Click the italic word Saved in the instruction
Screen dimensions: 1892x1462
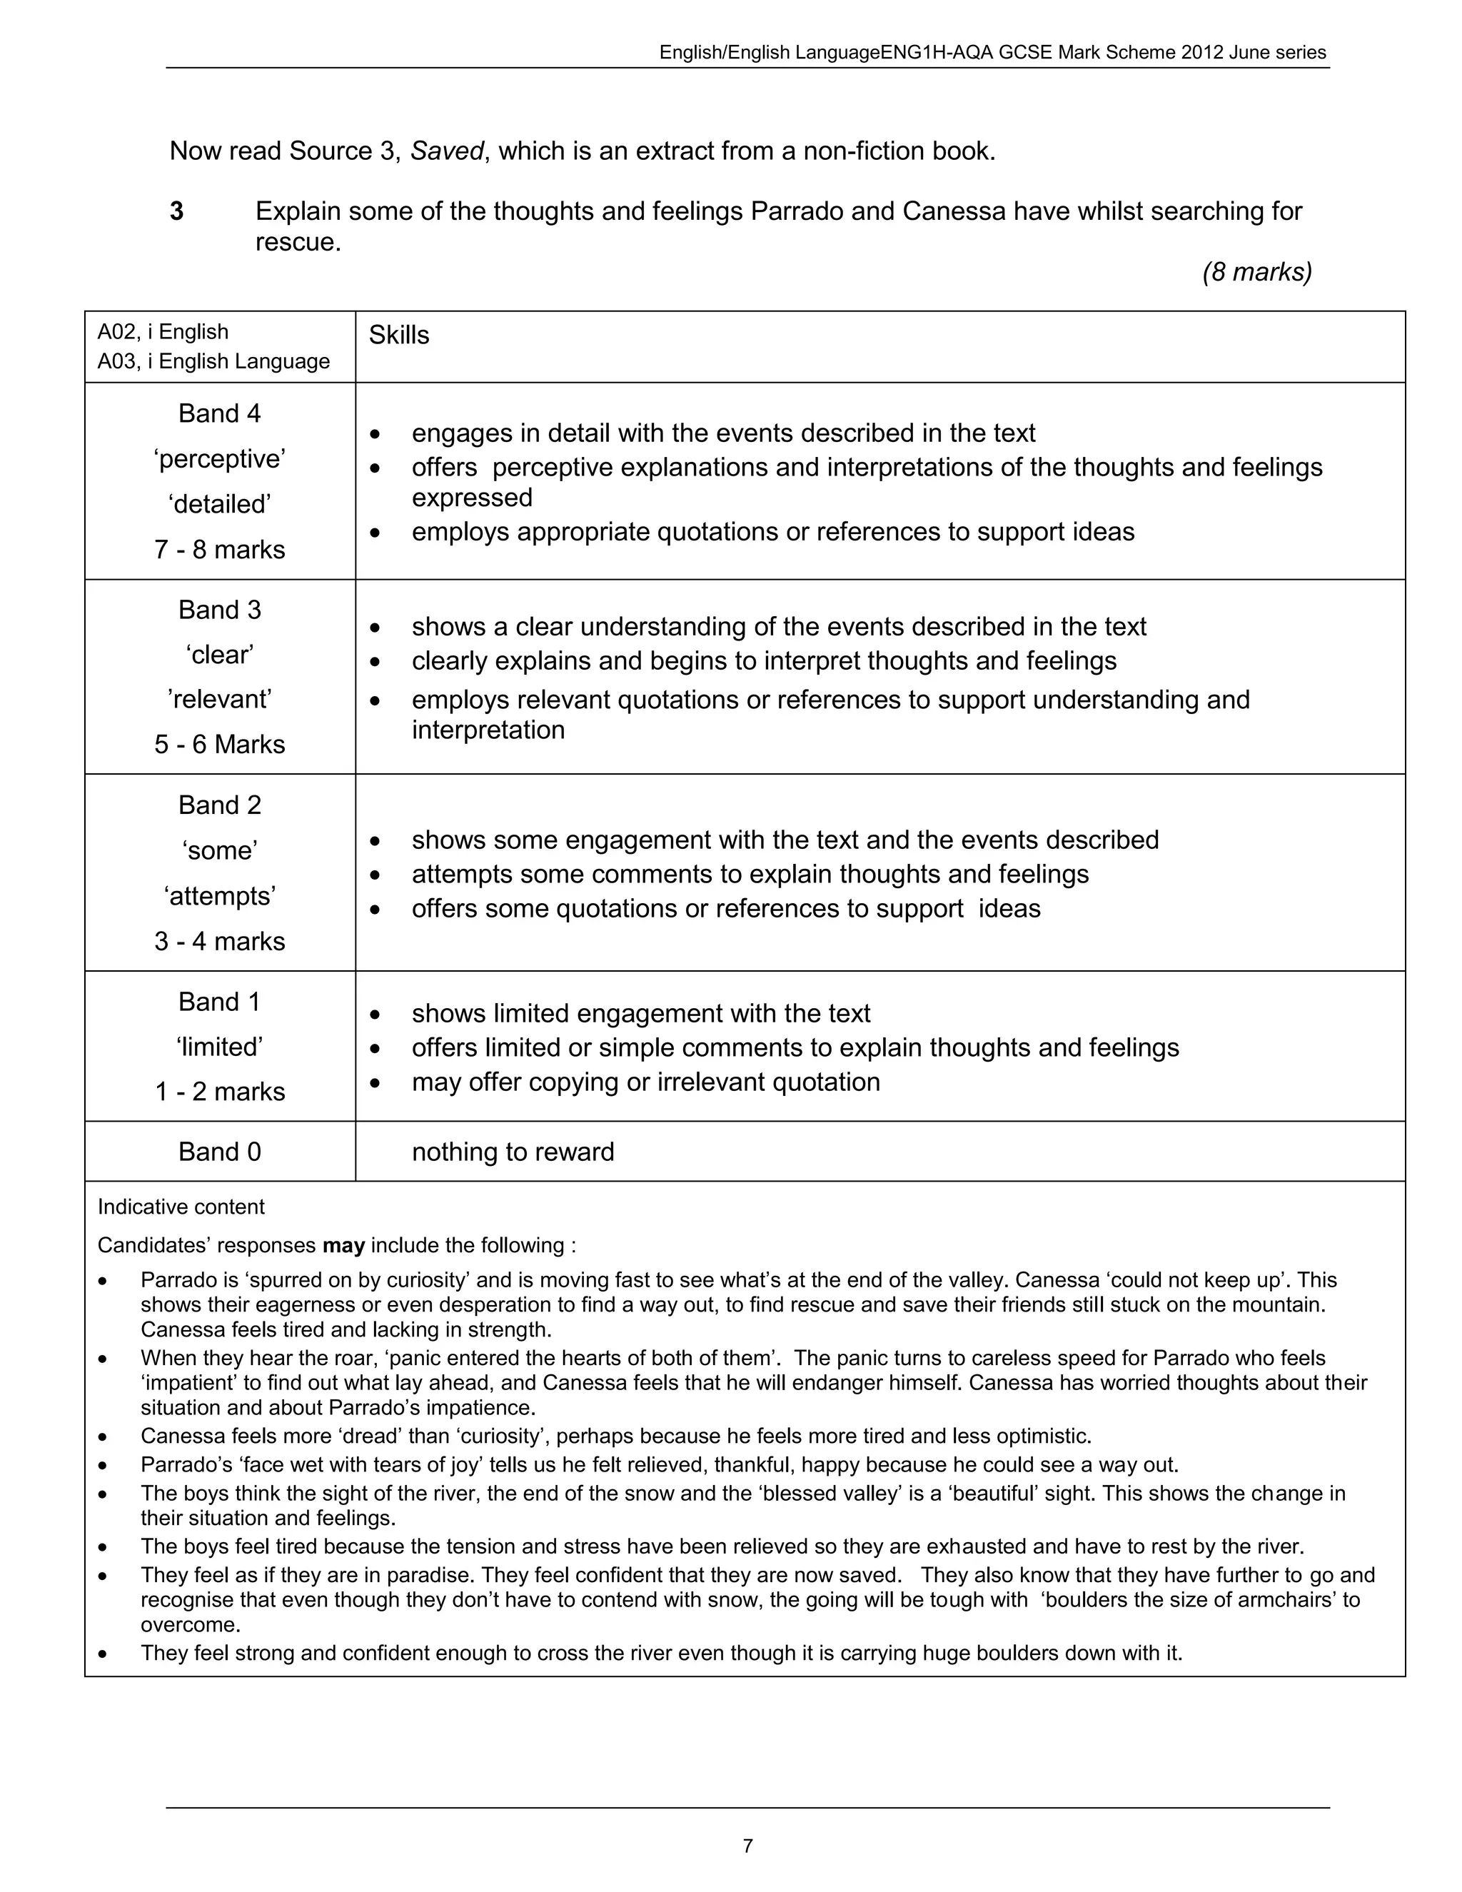coord(446,151)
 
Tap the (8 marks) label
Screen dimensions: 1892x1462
coord(1256,272)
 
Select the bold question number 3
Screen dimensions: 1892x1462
coord(177,211)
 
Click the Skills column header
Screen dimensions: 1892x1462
coord(398,336)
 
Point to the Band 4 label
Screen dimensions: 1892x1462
coord(219,413)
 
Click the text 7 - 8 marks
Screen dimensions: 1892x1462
coord(219,549)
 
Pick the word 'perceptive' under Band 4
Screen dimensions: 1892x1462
coord(219,458)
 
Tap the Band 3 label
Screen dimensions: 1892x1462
coord(219,610)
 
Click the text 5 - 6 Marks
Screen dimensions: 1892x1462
coord(219,744)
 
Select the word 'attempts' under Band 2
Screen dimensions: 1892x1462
coord(219,896)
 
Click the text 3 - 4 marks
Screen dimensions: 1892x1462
coord(219,941)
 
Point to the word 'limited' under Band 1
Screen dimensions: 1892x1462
coord(219,1047)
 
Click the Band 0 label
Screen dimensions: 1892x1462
coord(219,1152)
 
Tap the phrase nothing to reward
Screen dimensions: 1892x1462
coord(513,1152)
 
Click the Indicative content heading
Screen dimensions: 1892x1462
coord(181,1207)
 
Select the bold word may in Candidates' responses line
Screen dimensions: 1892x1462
coord(343,1246)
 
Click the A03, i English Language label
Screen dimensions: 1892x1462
coord(213,361)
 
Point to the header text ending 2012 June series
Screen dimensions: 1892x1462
coord(992,52)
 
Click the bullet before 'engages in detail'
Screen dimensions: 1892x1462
coord(375,433)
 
